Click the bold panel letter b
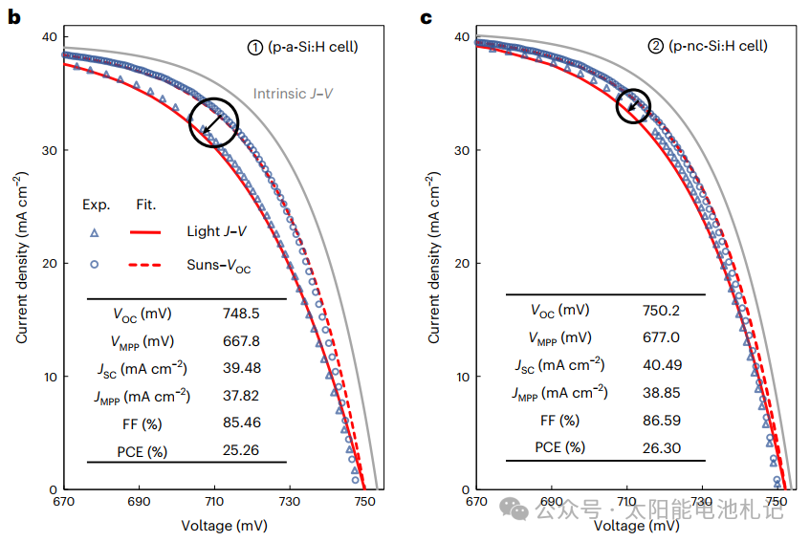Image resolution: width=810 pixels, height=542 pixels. click(x=15, y=16)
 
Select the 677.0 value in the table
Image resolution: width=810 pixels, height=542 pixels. click(x=661, y=336)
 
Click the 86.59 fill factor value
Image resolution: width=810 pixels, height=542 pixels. click(x=661, y=420)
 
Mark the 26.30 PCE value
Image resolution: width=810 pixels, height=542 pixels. click(x=661, y=446)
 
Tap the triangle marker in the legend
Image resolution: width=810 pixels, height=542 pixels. click(x=95, y=232)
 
